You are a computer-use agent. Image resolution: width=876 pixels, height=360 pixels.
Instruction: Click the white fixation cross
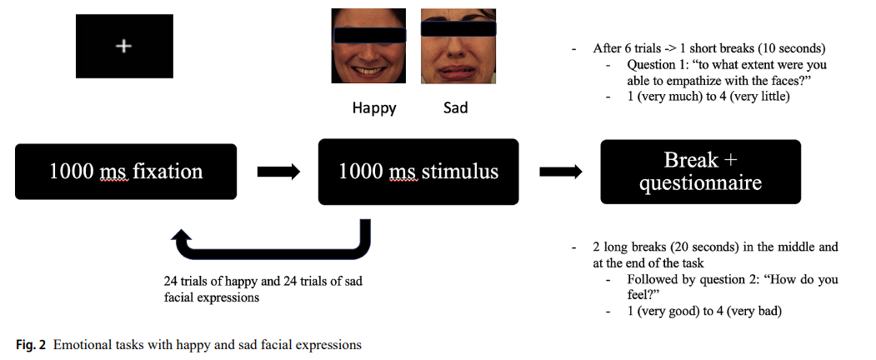click(123, 47)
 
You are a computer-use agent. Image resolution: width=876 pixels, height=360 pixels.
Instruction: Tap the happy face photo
click(368, 46)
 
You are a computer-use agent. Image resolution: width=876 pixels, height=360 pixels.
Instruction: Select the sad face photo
click(458, 46)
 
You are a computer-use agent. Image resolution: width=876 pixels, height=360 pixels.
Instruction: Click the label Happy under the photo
click(374, 107)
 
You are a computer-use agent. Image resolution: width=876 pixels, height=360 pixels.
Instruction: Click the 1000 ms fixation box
click(125, 172)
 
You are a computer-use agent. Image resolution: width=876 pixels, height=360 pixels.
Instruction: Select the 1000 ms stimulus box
click(418, 172)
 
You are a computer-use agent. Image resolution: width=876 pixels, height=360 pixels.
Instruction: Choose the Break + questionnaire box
click(700, 172)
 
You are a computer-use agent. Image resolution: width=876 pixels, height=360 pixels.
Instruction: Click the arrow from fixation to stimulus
click(278, 172)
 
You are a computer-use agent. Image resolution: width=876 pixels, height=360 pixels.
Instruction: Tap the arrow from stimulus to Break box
click(560, 172)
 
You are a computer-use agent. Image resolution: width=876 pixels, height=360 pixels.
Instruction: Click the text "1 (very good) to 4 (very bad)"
click(704, 311)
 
